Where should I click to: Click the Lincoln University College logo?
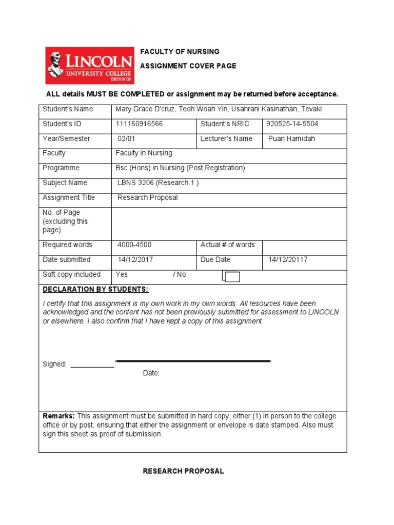pyautogui.click(x=88, y=66)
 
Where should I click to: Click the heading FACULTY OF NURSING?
pyautogui.click(x=180, y=52)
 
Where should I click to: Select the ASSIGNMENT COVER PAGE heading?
pyautogui.click(x=188, y=66)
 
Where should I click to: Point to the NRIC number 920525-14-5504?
pyautogui.click(x=292, y=124)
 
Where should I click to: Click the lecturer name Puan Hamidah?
pyautogui.click(x=291, y=139)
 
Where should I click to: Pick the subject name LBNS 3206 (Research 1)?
pyautogui.click(x=158, y=183)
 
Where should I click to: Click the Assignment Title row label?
pyautogui.click(x=69, y=198)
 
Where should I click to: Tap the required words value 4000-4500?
pyautogui.click(x=134, y=245)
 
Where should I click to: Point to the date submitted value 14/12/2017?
pyautogui.click(x=135, y=260)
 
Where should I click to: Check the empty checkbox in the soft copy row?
pyautogui.click(x=232, y=277)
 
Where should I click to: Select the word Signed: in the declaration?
pyautogui.click(x=54, y=364)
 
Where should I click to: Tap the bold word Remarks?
pyautogui.click(x=59, y=416)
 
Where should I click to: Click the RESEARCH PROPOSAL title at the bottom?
pyautogui.click(x=183, y=471)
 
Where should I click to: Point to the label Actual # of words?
pyautogui.click(x=227, y=245)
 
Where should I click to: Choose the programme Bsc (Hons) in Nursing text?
pyautogui.click(x=180, y=168)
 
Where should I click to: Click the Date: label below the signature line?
pyautogui.click(x=151, y=373)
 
